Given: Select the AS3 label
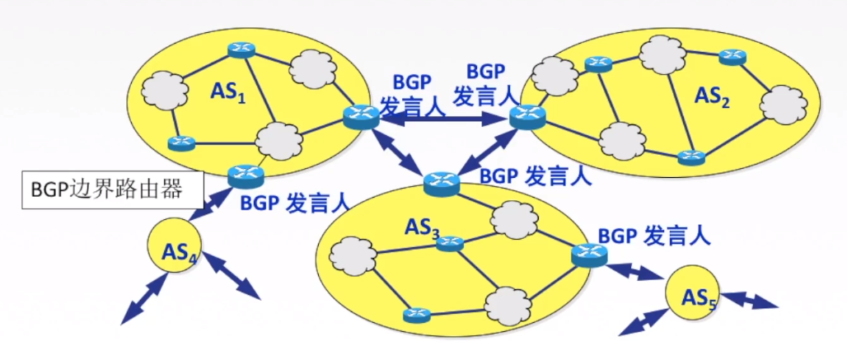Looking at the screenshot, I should pos(422,227).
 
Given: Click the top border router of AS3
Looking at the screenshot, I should pos(441,180).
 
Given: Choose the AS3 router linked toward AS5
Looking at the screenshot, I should pos(588,255).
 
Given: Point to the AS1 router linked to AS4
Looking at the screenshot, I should pos(246,173).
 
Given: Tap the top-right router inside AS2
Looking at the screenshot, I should pos(731,57).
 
